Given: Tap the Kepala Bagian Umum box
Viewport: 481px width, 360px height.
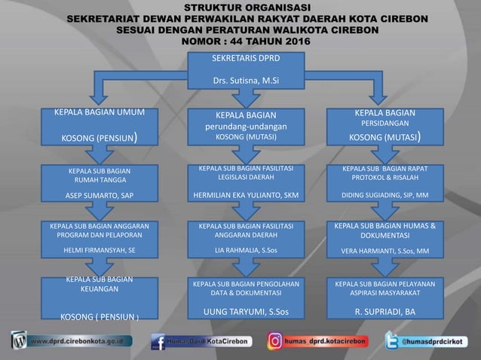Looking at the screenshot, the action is click(x=100, y=126).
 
